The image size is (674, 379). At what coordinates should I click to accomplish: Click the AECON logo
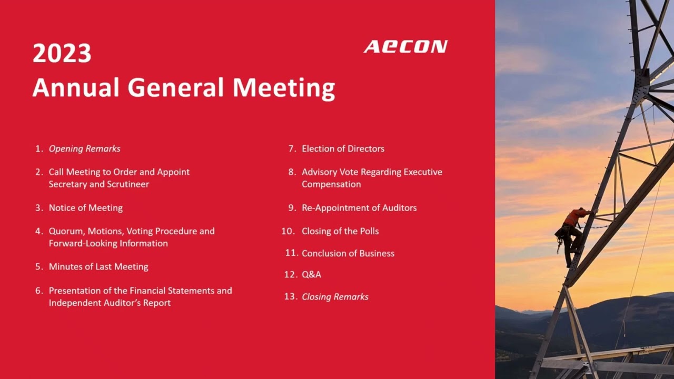pyautogui.click(x=405, y=47)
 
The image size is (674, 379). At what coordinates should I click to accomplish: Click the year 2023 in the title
pyautogui.click(x=62, y=54)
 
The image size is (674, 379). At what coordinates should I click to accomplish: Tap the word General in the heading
pyautogui.click(x=177, y=87)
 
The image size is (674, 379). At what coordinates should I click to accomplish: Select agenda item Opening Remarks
pyautogui.click(x=84, y=148)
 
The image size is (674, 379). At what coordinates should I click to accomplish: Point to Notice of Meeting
pyautogui.click(x=85, y=207)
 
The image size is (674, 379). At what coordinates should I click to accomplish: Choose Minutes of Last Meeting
pyautogui.click(x=98, y=266)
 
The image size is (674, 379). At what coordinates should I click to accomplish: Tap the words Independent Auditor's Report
pyautogui.click(x=110, y=303)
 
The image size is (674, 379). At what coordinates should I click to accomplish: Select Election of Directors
pyautogui.click(x=343, y=148)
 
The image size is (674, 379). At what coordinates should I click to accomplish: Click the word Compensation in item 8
pyautogui.click(x=331, y=184)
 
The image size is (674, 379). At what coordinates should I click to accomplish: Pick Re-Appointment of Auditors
pyautogui.click(x=359, y=207)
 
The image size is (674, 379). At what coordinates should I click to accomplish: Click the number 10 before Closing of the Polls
pyautogui.click(x=288, y=231)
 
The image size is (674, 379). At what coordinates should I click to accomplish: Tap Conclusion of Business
pyautogui.click(x=348, y=253)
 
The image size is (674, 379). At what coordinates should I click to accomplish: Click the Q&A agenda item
pyautogui.click(x=311, y=274)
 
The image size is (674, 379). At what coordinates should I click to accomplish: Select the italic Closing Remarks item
pyautogui.click(x=335, y=297)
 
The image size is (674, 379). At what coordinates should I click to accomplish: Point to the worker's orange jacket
pyautogui.click(x=575, y=217)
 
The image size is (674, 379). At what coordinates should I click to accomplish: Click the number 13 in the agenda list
pyautogui.click(x=290, y=297)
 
